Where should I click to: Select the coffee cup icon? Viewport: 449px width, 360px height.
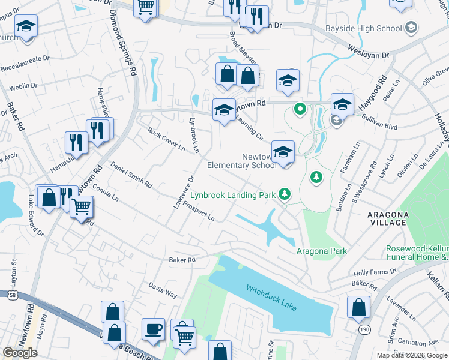[152, 329]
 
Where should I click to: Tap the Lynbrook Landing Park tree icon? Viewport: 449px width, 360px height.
[284, 194]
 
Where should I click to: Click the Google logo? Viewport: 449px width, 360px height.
[20, 353]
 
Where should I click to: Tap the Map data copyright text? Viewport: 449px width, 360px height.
[411, 355]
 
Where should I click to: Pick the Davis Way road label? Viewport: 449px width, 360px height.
[163, 290]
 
